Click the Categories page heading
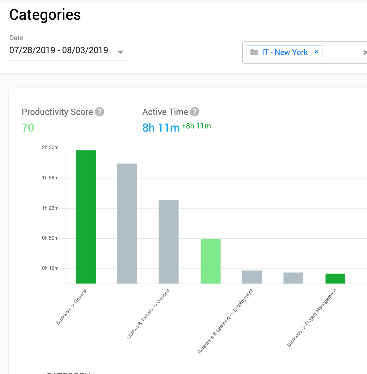(45, 15)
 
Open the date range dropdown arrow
(120, 52)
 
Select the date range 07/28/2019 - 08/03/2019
(59, 50)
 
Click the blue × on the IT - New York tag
(316, 52)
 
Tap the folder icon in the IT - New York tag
(254, 52)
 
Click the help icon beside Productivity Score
(99, 112)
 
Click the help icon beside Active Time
(195, 112)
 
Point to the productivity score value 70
(28, 128)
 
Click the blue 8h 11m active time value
(161, 128)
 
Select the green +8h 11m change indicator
(196, 126)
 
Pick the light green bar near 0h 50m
(211, 261)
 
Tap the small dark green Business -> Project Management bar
(335, 278)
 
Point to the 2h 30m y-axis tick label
(50, 148)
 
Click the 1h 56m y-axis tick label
(50, 178)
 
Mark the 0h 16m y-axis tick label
(50, 268)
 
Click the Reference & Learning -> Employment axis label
(226, 321)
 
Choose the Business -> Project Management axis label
(312, 318)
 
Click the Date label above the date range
(16, 38)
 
